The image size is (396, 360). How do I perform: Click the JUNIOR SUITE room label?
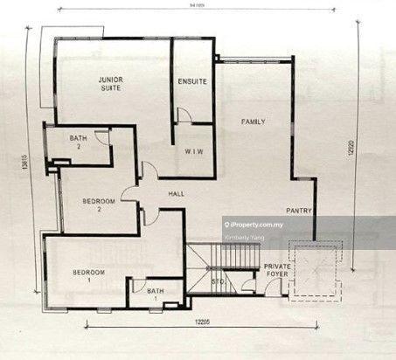click(110, 83)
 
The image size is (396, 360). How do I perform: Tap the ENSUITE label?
click(192, 81)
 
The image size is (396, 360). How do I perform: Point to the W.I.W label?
click(194, 151)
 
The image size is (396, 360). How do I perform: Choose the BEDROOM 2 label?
click(99, 204)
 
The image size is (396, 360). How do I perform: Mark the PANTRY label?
click(300, 211)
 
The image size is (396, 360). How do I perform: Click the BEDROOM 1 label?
click(89, 277)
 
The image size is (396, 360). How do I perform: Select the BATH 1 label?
click(156, 294)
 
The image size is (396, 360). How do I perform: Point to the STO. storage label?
click(218, 281)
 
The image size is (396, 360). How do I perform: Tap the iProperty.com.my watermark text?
click(278, 224)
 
